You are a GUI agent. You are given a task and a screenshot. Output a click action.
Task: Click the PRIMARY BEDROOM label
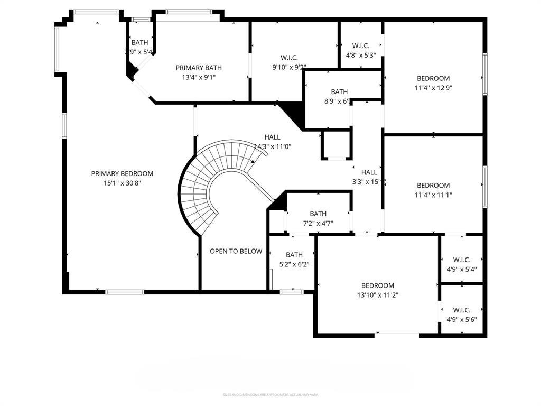(122, 173)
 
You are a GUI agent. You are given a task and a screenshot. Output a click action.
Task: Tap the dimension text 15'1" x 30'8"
(122, 183)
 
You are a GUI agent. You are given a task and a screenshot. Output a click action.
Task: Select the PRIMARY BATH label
(199, 68)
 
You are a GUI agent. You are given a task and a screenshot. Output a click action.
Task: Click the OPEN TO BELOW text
(236, 251)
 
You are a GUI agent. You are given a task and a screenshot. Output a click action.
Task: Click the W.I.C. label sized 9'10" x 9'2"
(289, 58)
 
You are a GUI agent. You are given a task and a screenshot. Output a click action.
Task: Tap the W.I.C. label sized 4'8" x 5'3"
(360, 46)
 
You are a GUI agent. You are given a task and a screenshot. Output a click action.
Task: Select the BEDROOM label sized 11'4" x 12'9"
(433, 79)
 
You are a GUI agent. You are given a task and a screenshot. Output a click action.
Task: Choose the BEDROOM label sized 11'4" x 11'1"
(433, 186)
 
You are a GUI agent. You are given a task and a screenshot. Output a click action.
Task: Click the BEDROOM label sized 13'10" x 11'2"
(378, 285)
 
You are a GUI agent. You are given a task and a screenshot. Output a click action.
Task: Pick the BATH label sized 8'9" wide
(339, 92)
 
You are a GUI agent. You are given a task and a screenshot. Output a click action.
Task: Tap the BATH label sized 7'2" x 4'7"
(318, 214)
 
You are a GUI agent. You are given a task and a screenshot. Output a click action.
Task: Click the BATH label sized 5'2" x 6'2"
(294, 255)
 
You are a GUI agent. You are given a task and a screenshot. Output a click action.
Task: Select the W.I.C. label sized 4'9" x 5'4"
(461, 260)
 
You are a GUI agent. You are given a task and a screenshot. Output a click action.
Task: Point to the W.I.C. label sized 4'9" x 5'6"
(461, 310)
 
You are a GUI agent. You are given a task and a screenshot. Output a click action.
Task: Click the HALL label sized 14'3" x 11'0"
(273, 137)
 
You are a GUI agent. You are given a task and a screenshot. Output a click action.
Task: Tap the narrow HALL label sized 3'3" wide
(369, 172)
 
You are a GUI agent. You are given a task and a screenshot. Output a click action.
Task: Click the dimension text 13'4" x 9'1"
(199, 77)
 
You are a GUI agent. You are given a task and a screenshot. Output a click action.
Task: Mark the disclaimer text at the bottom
(270, 395)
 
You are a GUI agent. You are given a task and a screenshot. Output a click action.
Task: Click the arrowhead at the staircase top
(253, 162)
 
